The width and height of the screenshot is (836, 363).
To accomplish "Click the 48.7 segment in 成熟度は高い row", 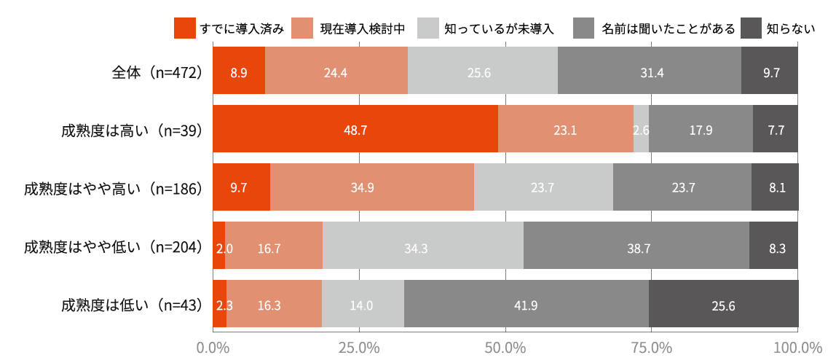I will tap(355, 129).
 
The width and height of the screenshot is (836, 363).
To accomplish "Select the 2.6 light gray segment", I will tap(641, 129).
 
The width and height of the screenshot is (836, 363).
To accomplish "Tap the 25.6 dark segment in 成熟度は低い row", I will tap(723, 304).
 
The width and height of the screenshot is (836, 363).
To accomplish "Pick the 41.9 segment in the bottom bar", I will tap(526, 304).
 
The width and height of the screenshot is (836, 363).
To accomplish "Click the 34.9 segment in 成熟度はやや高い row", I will tap(372, 187).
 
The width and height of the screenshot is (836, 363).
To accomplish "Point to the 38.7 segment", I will tap(636, 246).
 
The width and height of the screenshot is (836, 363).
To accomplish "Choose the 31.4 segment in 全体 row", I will tap(650, 71).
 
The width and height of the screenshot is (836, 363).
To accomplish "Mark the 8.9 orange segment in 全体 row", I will tap(239, 71).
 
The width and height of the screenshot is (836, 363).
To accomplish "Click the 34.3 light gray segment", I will tap(423, 246).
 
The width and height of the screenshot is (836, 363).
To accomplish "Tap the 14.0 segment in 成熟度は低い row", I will tap(363, 304).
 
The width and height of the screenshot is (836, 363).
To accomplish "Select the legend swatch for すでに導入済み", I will tap(185, 29).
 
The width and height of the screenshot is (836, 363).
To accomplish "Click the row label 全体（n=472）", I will tap(157, 71).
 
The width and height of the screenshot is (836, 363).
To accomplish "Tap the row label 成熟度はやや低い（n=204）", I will tap(113, 246).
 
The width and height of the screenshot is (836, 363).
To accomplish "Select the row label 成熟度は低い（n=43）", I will tap(132, 305).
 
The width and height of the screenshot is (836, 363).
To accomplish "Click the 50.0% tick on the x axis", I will tap(505, 348).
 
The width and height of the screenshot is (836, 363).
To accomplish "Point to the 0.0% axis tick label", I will tap(213, 348).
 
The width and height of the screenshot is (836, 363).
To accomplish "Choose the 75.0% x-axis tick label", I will tap(651, 348).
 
